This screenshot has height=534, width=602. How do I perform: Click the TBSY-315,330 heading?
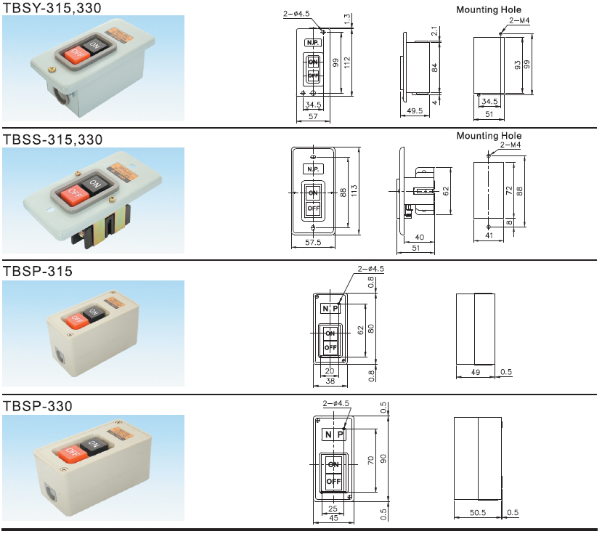(x=52, y=8)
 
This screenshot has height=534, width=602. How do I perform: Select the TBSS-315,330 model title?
(x=52, y=139)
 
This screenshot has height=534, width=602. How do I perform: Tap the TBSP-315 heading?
(x=38, y=272)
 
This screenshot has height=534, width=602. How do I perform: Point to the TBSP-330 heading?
(x=38, y=406)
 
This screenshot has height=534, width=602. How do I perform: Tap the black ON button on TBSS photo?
(x=95, y=182)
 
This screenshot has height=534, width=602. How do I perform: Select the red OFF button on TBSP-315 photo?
(x=76, y=319)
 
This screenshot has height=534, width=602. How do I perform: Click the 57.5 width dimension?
(x=313, y=242)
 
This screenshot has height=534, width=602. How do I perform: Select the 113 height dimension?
(x=354, y=191)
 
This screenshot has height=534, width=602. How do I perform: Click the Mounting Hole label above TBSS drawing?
(x=489, y=135)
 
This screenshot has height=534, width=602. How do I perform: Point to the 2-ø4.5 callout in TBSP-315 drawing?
(x=371, y=269)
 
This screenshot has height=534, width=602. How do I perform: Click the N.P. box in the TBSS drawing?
(x=313, y=169)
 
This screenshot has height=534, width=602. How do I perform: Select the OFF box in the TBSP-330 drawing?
(x=333, y=482)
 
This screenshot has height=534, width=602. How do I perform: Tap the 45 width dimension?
(x=333, y=518)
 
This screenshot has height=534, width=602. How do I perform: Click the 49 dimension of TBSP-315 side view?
(x=475, y=373)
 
